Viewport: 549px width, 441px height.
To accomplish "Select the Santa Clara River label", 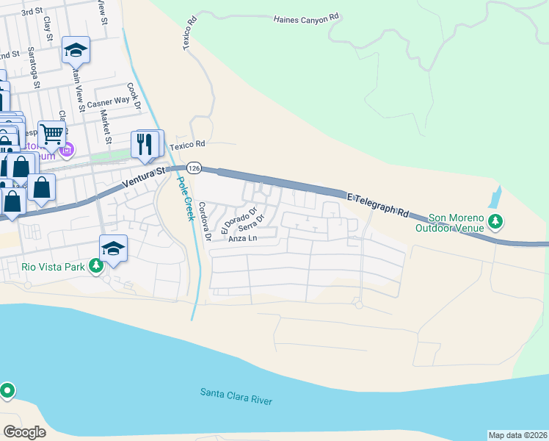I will coord(236,396).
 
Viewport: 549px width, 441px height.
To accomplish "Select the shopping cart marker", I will coord(51,135).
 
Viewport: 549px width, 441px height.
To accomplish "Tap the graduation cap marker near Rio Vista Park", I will coord(113,248).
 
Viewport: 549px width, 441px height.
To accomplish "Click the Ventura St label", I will coord(145,177).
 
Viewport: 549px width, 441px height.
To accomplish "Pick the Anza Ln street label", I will coord(243,239).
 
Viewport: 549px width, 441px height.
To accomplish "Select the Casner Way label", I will coord(108,104).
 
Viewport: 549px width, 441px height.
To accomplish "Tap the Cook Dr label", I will coord(134,96).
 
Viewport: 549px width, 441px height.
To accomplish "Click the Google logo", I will coord(24,431).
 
